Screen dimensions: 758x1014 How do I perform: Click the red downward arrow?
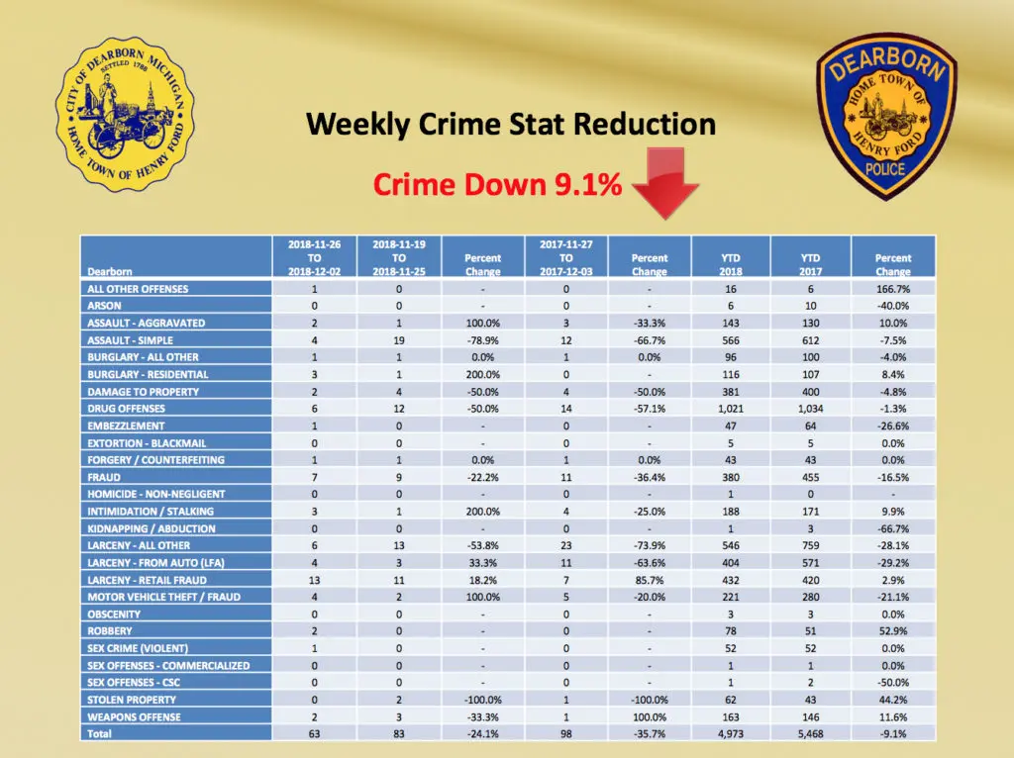click(658, 183)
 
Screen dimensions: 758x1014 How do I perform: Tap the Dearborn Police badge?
click(887, 115)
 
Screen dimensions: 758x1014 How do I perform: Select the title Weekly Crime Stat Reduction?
click(510, 125)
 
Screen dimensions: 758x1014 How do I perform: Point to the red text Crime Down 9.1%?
click(498, 184)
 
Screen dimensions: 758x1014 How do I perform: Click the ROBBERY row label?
click(110, 631)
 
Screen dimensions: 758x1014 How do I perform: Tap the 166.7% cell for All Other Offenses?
click(892, 289)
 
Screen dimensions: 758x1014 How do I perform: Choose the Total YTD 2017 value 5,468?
click(810, 734)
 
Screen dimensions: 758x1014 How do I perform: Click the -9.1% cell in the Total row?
click(892, 734)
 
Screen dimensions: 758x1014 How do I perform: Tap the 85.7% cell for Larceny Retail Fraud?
click(650, 580)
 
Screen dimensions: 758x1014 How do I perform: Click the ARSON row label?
click(104, 306)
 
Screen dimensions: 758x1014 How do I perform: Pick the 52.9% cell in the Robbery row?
click(892, 631)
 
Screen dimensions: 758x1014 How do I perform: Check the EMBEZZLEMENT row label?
click(123, 426)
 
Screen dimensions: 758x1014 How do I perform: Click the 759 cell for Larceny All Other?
click(810, 545)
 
